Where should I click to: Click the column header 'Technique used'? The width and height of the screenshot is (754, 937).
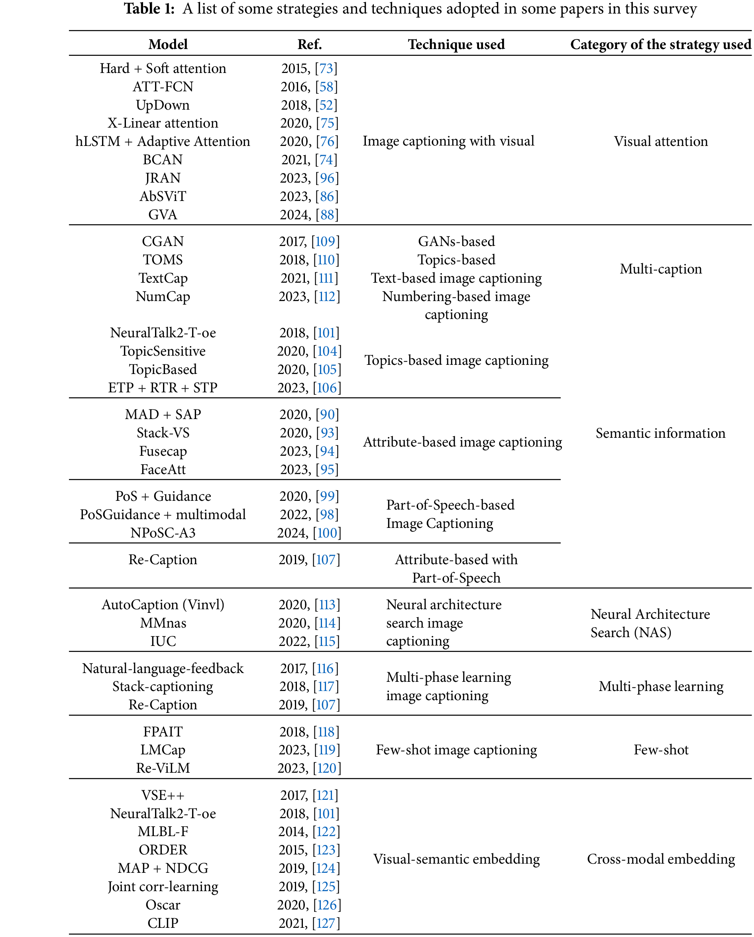(456, 44)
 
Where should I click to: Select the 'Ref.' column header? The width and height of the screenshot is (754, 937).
(309, 44)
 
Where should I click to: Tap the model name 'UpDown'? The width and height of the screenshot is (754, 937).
(163, 105)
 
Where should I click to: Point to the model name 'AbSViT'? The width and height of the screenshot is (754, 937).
(163, 196)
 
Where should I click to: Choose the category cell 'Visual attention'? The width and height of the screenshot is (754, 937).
(660, 141)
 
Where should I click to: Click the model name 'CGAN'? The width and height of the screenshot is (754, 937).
(163, 241)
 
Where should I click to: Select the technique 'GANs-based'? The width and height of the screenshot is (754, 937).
(456, 241)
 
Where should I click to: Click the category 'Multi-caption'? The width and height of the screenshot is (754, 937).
(660, 269)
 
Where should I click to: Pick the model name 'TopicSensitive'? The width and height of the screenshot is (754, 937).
(163, 351)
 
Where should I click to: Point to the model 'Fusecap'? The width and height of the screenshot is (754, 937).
(163, 451)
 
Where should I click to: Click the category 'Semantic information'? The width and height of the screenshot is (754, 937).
(660, 433)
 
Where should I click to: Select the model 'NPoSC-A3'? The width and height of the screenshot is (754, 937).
(163, 533)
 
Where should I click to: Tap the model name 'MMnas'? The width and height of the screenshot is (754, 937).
(163, 623)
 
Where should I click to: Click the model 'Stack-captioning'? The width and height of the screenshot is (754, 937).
(163, 686)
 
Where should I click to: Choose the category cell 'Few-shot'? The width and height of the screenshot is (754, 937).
(660, 750)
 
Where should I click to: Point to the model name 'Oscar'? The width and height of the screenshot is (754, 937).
(163, 905)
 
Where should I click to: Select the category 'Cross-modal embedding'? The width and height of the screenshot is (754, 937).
(660, 859)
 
